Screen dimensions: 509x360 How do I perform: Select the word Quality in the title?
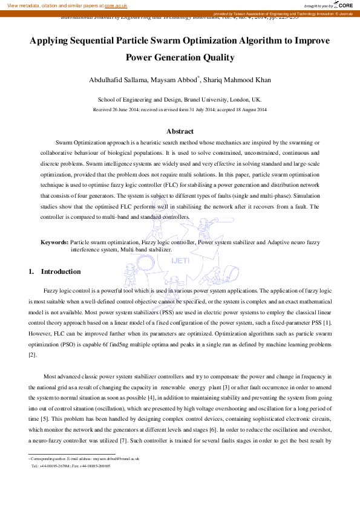(218, 58)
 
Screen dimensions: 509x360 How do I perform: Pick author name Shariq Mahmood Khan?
(241, 80)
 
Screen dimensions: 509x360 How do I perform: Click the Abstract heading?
(180, 131)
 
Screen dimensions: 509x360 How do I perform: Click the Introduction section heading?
(61, 271)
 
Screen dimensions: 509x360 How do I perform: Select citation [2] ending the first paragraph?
(33, 354)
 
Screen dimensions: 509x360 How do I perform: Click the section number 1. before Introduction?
(31, 271)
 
